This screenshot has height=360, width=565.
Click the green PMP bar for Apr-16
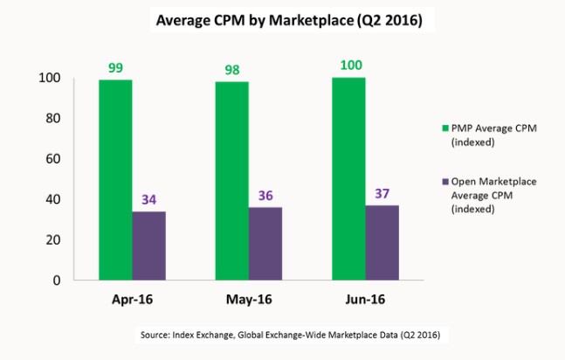(115, 180)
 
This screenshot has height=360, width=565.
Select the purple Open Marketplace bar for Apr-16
(149, 246)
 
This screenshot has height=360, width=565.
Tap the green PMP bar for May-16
(231, 181)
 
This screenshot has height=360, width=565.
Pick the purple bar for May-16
(265, 244)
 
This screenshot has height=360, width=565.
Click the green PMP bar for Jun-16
(348, 179)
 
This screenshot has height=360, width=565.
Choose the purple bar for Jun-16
(382, 243)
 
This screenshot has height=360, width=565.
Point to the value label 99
(115, 66)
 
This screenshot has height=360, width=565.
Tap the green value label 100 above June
(348, 65)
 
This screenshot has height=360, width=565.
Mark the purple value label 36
(265, 195)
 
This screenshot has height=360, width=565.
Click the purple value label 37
(382, 192)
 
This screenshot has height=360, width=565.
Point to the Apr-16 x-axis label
(132, 300)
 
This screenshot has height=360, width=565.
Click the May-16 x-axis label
(249, 300)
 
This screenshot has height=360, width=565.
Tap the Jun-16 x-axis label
(365, 300)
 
